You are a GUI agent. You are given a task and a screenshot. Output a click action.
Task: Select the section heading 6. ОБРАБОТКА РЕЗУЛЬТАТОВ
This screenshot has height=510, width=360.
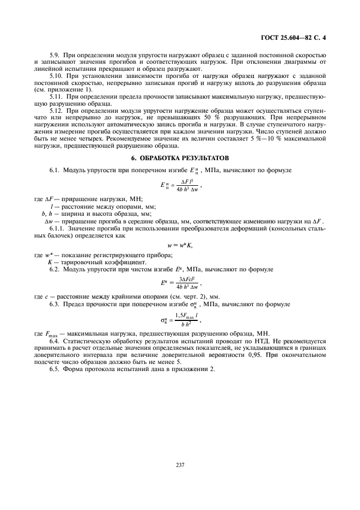coord(180,157)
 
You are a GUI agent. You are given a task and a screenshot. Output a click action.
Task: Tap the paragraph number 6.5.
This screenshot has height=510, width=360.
coord(55,368)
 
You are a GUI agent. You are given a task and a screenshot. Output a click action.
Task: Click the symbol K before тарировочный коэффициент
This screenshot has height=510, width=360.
coord(50,262)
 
